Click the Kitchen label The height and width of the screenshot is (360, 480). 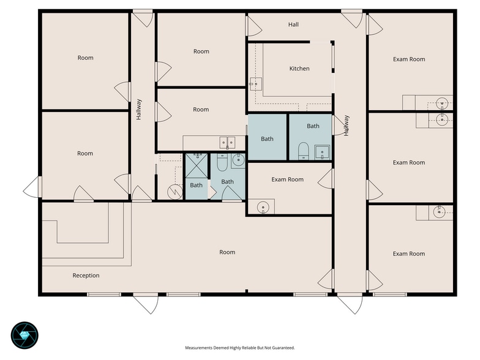click(x=299, y=69)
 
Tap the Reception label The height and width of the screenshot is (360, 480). click(x=86, y=276)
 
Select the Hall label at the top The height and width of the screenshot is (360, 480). click(x=293, y=24)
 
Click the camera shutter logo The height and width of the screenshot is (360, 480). click(x=24, y=336)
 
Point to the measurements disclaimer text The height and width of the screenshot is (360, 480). click(x=240, y=348)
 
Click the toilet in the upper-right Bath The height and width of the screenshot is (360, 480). click(x=304, y=151)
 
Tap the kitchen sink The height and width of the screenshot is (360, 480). click(x=256, y=84)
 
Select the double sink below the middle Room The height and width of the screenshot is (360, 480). click(x=227, y=143)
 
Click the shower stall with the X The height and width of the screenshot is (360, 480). click(x=196, y=165)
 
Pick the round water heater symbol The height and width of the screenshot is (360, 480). click(x=175, y=192)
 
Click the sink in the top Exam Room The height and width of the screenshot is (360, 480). click(x=442, y=103)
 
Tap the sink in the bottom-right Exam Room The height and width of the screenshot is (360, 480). click(x=440, y=212)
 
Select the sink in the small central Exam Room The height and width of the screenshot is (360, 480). click(x=263, y=207)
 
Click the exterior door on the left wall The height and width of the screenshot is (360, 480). click(x=32, y=187)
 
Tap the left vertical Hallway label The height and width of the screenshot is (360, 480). click(x=139, y=109)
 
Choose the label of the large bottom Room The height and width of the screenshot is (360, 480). click(x=227, y=252)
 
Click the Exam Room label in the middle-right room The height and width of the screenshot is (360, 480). click(x=409, y=163)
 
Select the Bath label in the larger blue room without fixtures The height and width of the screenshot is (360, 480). click(x=267, y=139)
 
